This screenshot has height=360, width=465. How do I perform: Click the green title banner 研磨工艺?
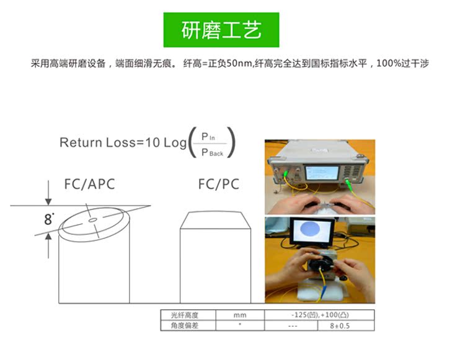[221, 30]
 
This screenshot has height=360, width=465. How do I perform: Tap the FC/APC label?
[89, 184]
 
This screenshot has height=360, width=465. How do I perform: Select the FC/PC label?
[218, 184]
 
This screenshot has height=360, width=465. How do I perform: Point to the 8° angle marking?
[49, 219]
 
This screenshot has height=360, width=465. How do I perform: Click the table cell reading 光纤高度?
[179, 315]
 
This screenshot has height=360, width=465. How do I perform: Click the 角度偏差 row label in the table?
[179, 325]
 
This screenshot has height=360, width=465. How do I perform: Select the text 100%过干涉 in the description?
[402, 64]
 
